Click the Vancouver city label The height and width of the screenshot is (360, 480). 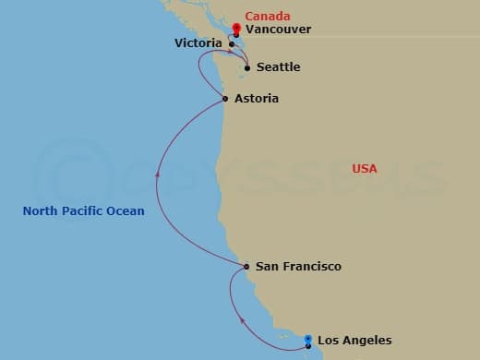[278, 30]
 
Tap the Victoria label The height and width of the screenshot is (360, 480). [198, 43]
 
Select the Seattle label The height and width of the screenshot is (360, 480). [278, 67]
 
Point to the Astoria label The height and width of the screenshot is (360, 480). [257, 99]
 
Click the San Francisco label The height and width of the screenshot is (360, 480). [298, 267]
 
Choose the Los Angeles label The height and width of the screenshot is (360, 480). [354, 341]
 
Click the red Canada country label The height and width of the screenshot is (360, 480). [268, 17]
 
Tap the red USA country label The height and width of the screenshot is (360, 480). [365, 169]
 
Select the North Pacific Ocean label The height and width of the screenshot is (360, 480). [83, 211]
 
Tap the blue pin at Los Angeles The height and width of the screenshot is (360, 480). [308, 340]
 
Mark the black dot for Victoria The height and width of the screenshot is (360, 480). [232, 43]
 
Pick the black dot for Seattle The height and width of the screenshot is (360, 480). [247, 67]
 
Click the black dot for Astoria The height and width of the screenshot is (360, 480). [226, 99]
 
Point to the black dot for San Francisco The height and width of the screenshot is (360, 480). [246, 267]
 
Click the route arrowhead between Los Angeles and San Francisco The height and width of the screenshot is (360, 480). [243, 320]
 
